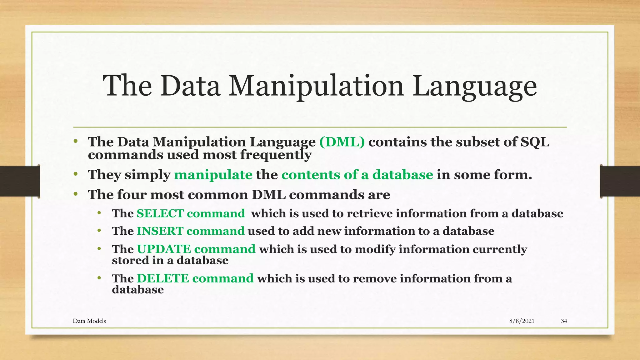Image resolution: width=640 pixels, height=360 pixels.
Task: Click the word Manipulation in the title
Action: pyautogui.click(x=316, y=86)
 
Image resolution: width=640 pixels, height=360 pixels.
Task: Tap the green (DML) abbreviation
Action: pyautogui.click(x=342, y=142)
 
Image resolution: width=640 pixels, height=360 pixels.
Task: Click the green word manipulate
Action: pyautogui.click(x=213, y=175)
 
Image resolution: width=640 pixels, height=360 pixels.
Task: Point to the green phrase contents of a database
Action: pyautogui.click(x=357, y=175)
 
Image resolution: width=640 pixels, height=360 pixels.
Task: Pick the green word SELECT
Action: pyautogui.click(x=160, y=213)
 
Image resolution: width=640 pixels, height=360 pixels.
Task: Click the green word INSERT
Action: pyautogui.click(x=160, y=231)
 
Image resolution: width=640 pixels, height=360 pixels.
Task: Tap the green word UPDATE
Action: pyautogui.click(x=164, y=249)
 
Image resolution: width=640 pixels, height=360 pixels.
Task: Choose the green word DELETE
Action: pyautogui.click(x=163, y=278)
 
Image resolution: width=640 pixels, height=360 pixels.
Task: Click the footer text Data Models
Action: pyautogui.click(x=89, y=321)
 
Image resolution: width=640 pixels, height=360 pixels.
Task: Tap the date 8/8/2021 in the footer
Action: pyautogui.click(x=522, y=321)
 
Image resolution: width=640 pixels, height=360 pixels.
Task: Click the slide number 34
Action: pyautogui.click(x=564, y=321)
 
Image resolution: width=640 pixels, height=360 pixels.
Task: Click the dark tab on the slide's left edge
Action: pyautogui.click(x=20, y=181)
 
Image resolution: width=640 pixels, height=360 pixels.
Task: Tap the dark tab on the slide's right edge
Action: pyautogui.click(x=620, y=181)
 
